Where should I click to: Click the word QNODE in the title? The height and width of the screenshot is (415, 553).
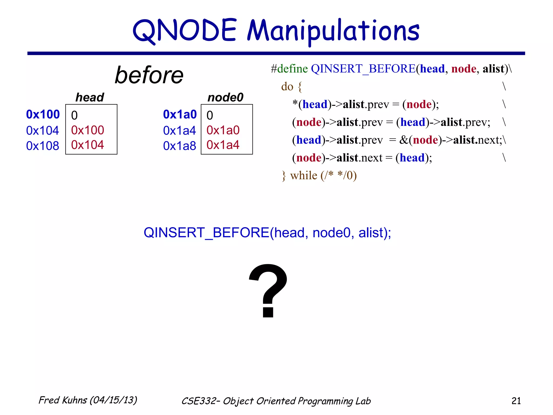(185, 30)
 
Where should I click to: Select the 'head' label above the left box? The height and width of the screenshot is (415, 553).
(90, 97)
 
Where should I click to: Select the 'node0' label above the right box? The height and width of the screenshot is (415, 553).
(225, 97)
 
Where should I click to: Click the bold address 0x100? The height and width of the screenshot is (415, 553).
(43, 115)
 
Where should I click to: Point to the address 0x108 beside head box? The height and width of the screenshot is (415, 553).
(43, 146)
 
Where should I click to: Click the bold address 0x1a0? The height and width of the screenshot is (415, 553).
(180, 115)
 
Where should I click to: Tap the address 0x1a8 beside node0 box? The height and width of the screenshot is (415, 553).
(180, 146)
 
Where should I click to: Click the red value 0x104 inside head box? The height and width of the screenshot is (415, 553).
(87, 145)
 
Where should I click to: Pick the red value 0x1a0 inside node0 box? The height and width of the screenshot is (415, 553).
(223, 130)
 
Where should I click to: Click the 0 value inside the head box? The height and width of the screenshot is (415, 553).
(74, 116)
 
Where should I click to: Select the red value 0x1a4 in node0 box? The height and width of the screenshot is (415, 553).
(223, 145)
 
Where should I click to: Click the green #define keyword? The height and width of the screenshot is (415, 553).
(289, 69)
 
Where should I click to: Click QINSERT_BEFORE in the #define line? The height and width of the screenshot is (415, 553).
(363, 69)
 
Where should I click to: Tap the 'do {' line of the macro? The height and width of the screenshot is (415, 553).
(291, 87)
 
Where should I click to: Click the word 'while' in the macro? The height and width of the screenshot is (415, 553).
(304, 176)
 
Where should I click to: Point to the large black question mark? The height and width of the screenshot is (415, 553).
(268, 290)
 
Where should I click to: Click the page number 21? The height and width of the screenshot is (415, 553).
(516, 401)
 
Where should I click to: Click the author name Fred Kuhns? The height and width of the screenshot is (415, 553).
(63, 400)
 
